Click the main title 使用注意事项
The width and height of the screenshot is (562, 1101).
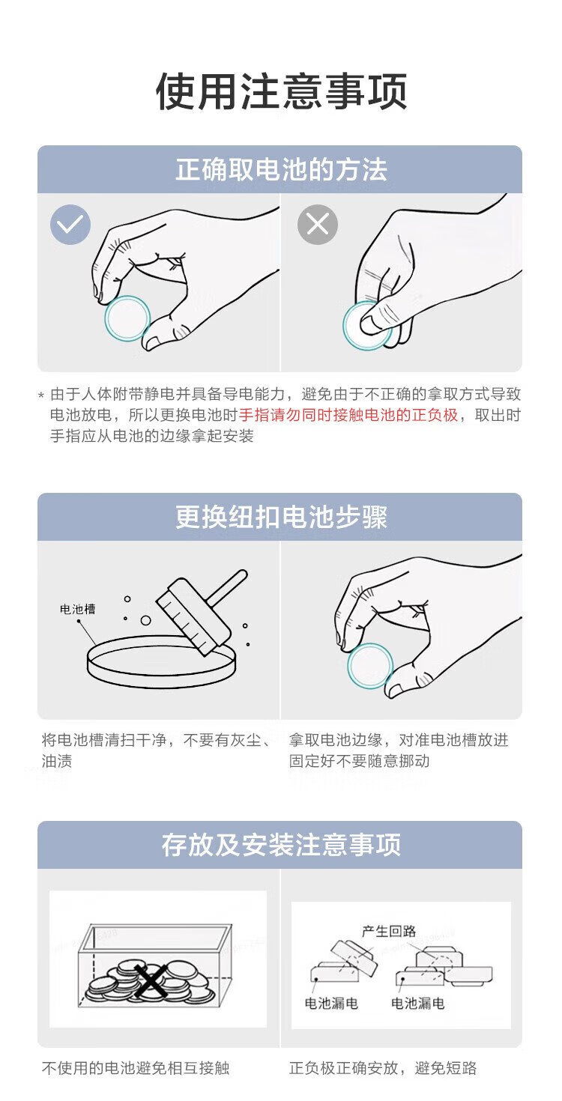[281, 91]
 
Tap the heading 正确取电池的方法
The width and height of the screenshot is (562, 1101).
[281, 169]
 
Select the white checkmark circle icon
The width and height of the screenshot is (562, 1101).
[70, 225]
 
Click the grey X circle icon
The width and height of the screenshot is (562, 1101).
[318, 225]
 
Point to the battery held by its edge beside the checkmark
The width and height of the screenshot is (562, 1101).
[127, 318]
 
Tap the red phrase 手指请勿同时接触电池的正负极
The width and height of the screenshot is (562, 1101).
[348, 415]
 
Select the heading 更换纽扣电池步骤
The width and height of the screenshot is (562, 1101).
[281, 517]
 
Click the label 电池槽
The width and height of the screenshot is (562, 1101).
[77, 609]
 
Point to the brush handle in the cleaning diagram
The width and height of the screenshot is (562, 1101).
[226, 587]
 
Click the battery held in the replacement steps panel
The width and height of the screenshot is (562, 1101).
[369, 666]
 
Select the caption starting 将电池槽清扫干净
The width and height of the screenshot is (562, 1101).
[157, 750]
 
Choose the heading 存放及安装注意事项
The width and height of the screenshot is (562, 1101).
[281, 845]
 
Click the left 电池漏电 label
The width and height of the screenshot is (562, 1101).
[331, 1003]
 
